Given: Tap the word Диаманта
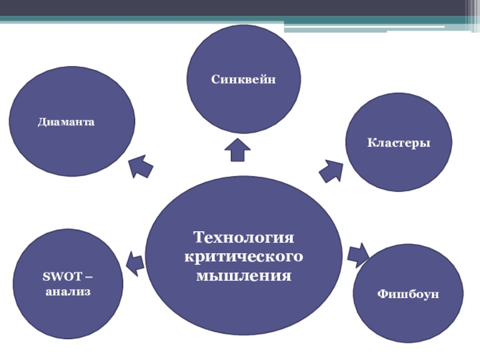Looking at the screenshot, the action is (x=66, y=122).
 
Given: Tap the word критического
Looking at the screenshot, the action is (x=244, y=257).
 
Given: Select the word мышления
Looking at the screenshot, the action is (x=244, y=276).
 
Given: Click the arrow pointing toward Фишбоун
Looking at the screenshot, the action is (x=358, y=254).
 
